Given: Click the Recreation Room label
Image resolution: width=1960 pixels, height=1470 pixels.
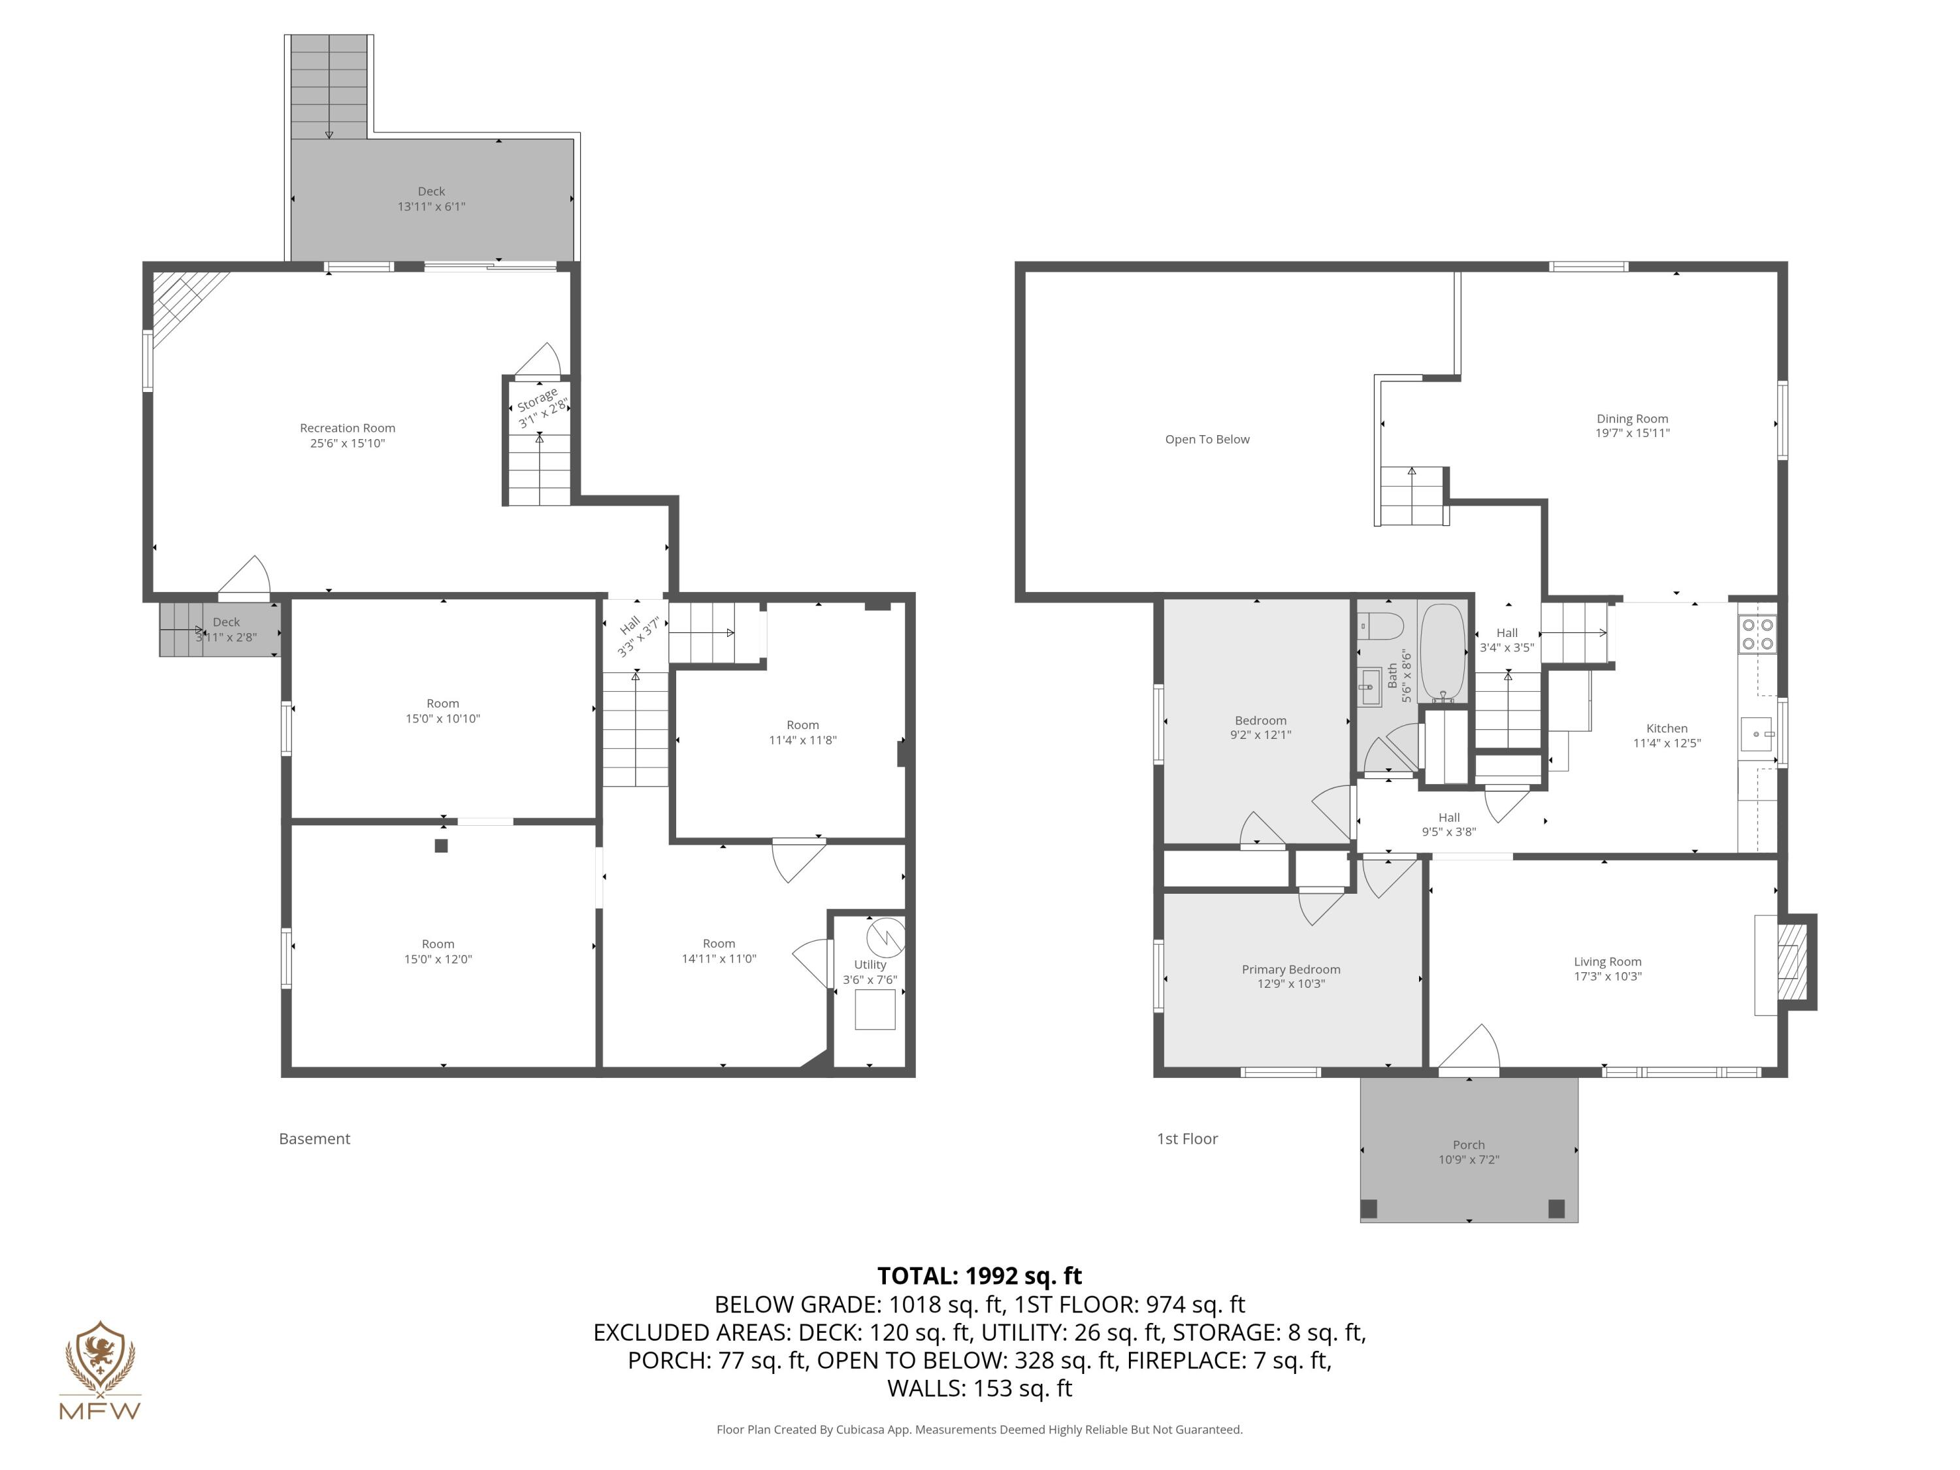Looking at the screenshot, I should [348, 428].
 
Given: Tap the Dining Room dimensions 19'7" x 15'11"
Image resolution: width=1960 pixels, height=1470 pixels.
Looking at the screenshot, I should [1632, 433].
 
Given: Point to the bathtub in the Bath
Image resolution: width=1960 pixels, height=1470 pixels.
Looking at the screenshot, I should [1443, 654].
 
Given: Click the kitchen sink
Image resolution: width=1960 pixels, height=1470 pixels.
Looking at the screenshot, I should [1757, 734].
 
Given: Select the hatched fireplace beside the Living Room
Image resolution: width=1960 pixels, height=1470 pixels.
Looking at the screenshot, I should [1791, 962].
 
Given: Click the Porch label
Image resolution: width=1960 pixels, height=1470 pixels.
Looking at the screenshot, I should [1468, 1145].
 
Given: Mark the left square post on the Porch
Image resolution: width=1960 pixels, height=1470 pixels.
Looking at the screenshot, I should [1369, 1209].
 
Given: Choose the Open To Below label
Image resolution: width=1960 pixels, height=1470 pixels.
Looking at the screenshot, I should [1207, 440].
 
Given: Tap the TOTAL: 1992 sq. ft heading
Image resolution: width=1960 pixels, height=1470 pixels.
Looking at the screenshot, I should [979, 1276].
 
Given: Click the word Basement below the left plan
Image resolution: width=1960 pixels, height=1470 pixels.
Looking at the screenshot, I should [314, 1139].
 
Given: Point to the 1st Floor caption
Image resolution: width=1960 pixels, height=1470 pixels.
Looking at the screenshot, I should [1187, 1139].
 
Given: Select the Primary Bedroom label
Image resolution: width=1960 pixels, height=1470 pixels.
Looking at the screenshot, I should [1290, 970].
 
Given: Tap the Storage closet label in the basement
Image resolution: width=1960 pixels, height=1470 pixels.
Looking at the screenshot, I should [538, 400].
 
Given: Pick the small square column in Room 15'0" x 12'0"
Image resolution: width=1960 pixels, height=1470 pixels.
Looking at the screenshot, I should [441, 845].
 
